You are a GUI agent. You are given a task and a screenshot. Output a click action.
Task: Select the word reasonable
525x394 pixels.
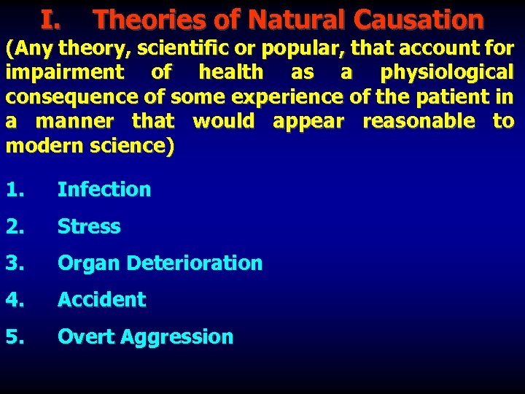[x=419, y=120]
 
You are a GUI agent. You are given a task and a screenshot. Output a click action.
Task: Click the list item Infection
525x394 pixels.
[x=104, y=190]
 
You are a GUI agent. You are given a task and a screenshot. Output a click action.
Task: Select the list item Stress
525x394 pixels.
[x=89, y=227]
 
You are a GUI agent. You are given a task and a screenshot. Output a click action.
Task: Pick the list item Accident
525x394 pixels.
[x=101, y=300]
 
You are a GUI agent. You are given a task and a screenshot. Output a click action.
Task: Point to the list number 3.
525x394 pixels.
[x=14, y=263]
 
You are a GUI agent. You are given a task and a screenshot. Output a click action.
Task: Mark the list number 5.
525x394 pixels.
[x=14, y=337]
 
